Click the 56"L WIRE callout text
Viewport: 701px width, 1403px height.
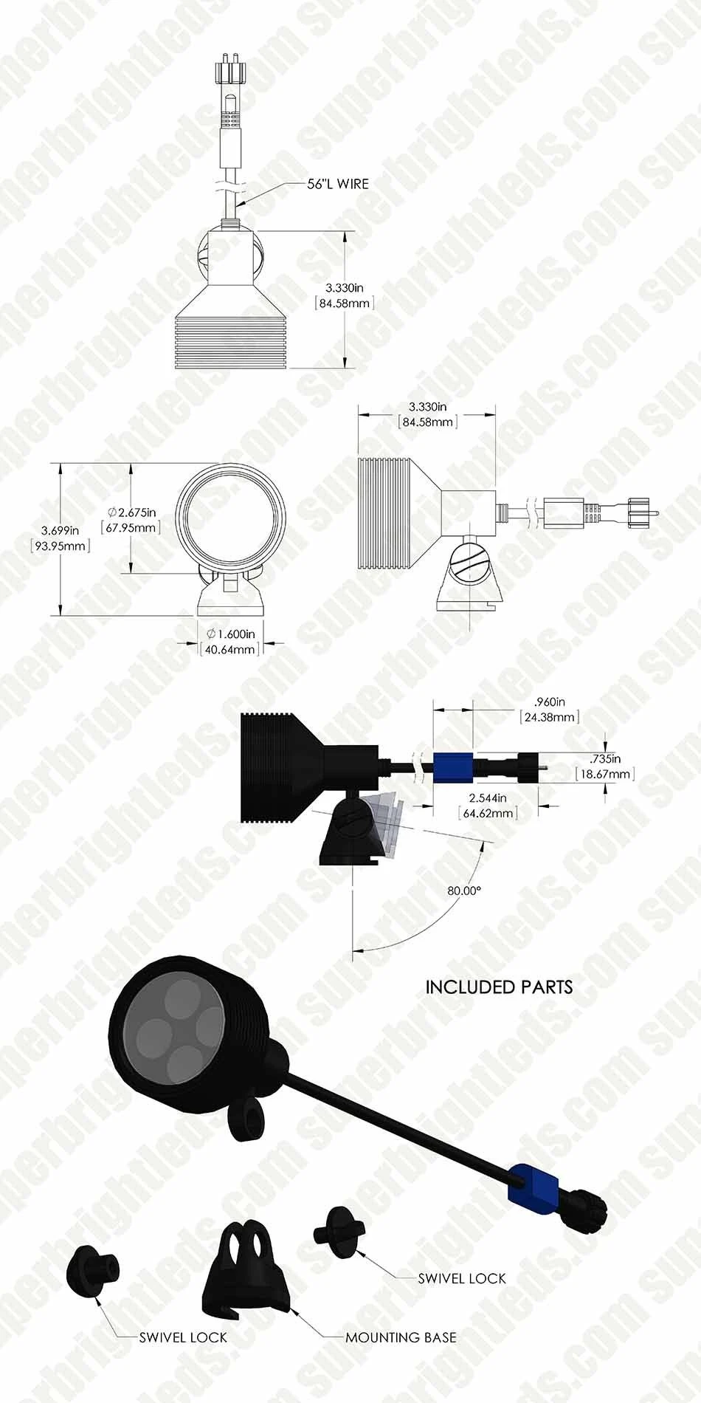[x=338, y=183]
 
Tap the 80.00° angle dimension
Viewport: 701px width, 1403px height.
[x=464, y=891]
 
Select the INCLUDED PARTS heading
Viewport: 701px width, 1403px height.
[x=499, y=987]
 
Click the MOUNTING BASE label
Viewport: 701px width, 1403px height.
[x=401, y=1337]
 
